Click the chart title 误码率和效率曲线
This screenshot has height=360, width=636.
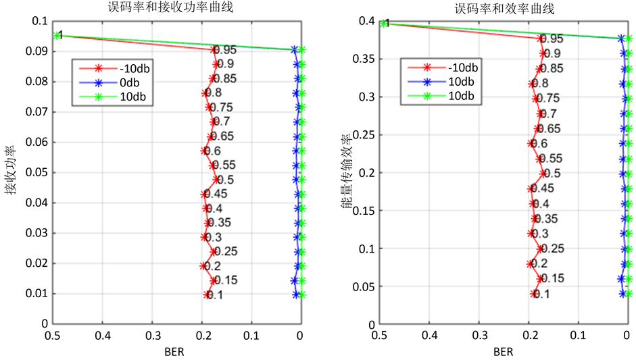(504, 8)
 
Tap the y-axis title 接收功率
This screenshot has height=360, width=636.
(9, 172)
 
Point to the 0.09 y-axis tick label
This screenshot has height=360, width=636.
(35, 51)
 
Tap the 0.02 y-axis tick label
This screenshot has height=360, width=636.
(35, 263)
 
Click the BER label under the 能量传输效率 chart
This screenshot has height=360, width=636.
(503, 351)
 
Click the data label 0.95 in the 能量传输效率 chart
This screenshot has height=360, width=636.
(552, 39)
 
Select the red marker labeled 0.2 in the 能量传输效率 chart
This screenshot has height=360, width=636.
(530, 263)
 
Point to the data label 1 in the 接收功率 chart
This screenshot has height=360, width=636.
(60, 34)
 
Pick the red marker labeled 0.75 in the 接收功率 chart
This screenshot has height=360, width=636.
(208, 107)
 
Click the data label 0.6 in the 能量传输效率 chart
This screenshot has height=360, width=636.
(539, 144)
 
